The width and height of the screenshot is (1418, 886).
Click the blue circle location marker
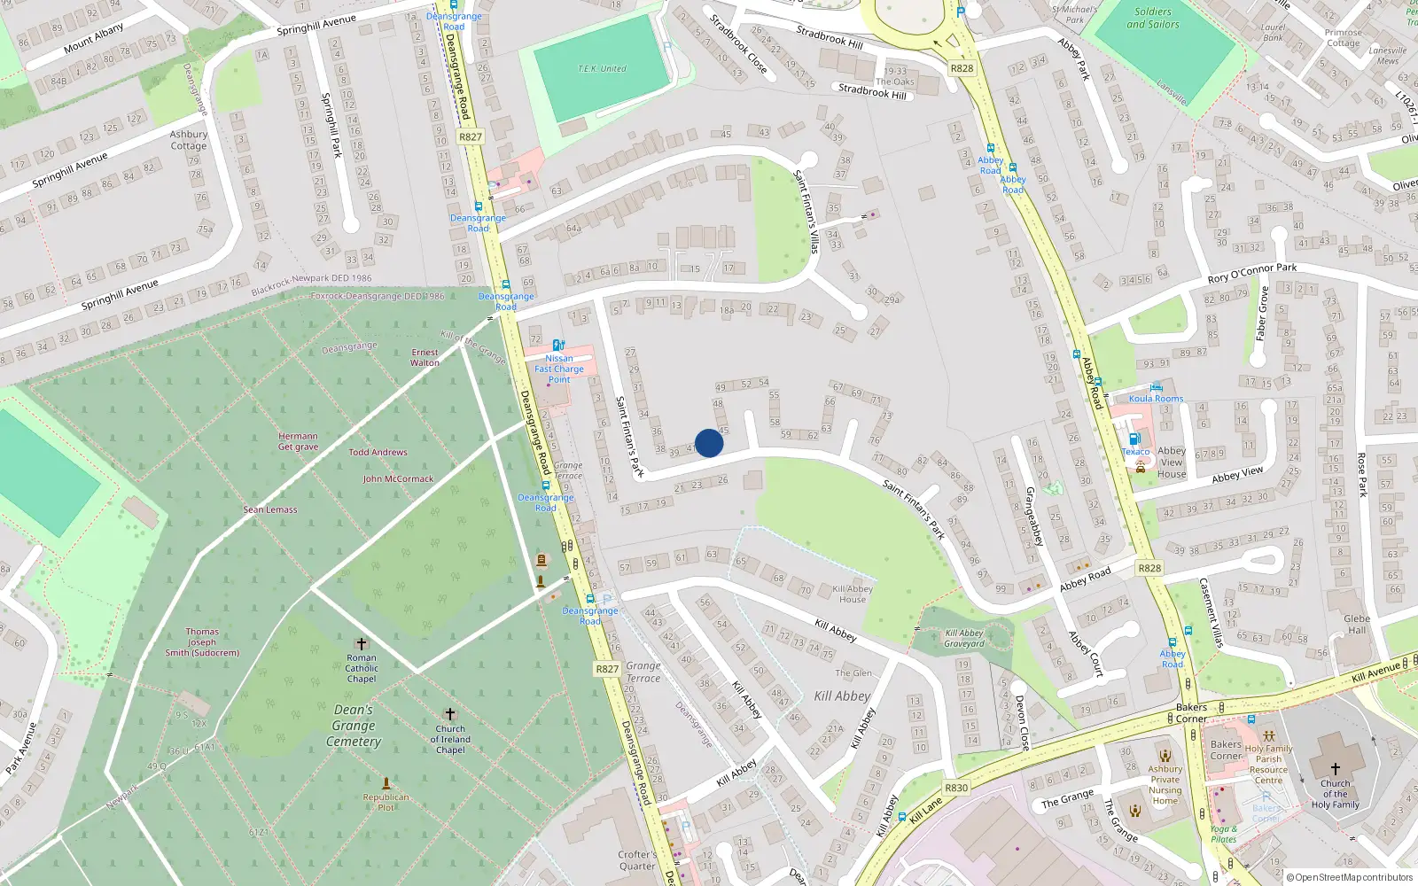pos(709,443)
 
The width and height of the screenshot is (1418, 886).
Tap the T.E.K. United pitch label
pos(602,69)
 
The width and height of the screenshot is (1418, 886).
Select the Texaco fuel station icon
pos(1134,439)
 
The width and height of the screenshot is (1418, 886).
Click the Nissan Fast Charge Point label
pos(559,369)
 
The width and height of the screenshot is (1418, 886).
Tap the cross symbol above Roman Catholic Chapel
pos(361,644)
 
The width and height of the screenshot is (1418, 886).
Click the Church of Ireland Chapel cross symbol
pos(450,714)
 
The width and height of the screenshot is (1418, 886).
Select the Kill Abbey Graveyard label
pos(964,638)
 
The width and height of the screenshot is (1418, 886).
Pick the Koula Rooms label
pos(1156,399)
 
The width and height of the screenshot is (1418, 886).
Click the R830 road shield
pos(956,788)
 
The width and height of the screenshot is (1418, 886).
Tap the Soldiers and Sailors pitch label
pos(1153,19)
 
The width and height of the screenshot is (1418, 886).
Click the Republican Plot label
pos(386,802)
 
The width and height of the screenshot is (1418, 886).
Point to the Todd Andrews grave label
pos(378,453)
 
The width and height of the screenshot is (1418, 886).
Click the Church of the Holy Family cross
pos(1335,769)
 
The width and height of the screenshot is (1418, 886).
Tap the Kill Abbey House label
pos(853,595)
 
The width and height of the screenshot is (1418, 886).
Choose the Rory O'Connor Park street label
pos(1251,273)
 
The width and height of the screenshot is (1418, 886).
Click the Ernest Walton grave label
pos(425,358)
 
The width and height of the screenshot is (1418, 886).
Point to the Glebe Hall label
pos(1357,625)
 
